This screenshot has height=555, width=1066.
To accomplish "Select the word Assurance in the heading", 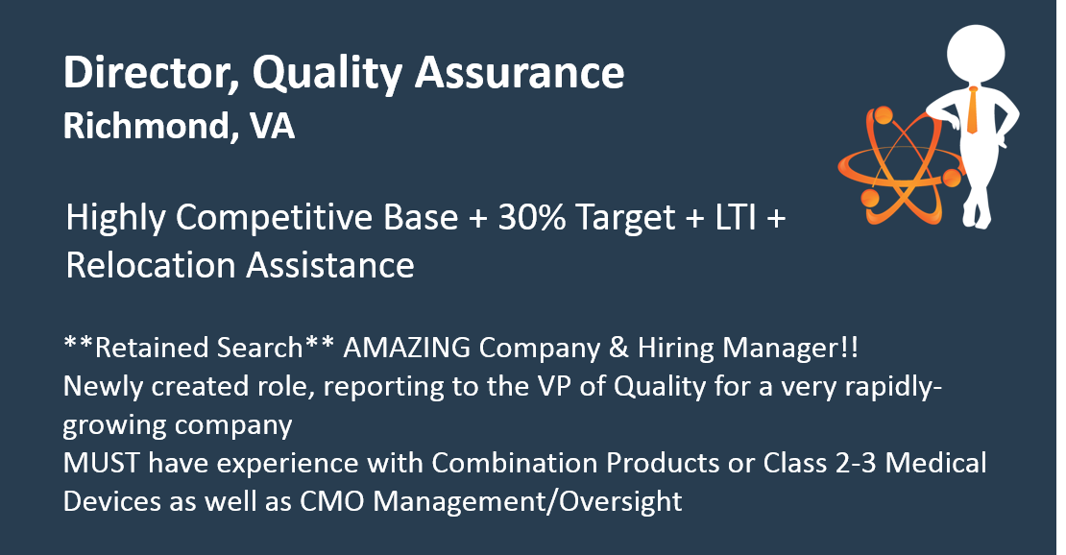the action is coord(520,72).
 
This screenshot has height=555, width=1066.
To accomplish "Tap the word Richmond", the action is coord(146,126).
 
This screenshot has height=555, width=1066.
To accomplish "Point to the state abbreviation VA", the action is coord(272,126).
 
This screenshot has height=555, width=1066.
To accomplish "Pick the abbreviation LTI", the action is coord(736,218).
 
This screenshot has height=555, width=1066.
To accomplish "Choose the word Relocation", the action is coord(151,265).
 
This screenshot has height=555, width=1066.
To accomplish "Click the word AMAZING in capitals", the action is coord(406,348).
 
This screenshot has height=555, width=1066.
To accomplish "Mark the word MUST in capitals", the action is coord(101,463).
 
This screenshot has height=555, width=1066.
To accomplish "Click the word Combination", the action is coord(515,463).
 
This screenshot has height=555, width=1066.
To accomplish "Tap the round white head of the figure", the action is coord(977,55).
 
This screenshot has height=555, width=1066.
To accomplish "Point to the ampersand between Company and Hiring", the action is coord(618,348).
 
